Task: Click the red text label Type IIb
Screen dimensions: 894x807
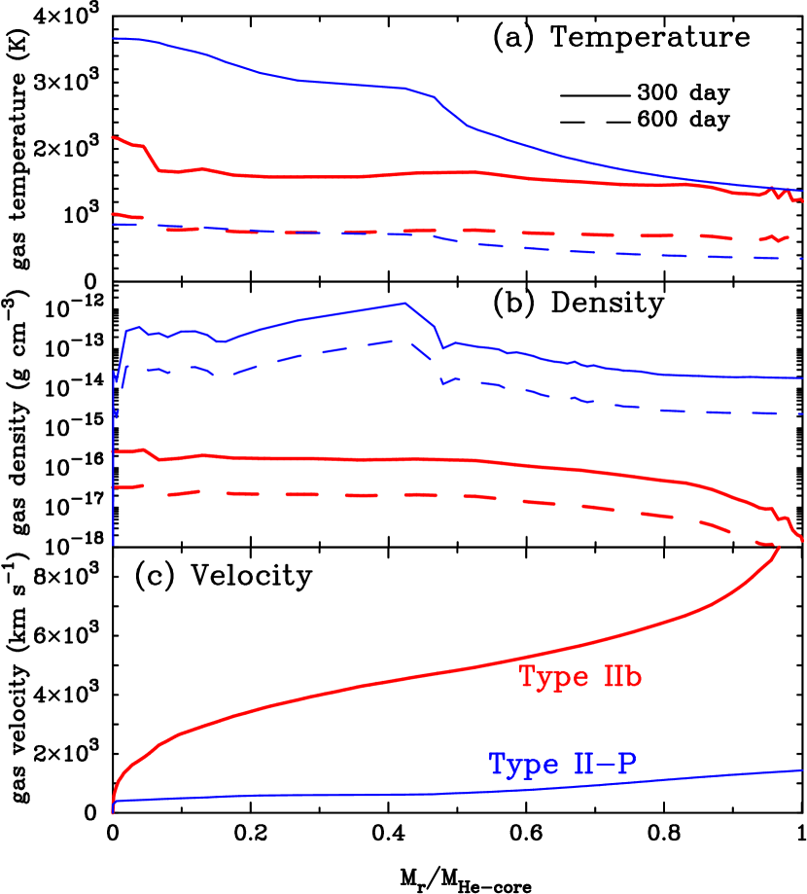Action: [x=579, y=677]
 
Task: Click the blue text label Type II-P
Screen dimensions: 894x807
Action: [x=562, y=765]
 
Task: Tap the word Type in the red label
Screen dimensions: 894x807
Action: [x=549, y=677]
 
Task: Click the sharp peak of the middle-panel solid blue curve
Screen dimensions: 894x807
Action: [x=403, y=303]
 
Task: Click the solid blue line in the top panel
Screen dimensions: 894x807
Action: [x=292, y=79]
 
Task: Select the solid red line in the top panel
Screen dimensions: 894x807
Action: [x=292, y=176]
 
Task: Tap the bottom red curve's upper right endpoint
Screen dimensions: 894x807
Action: [x=780, y=549]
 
